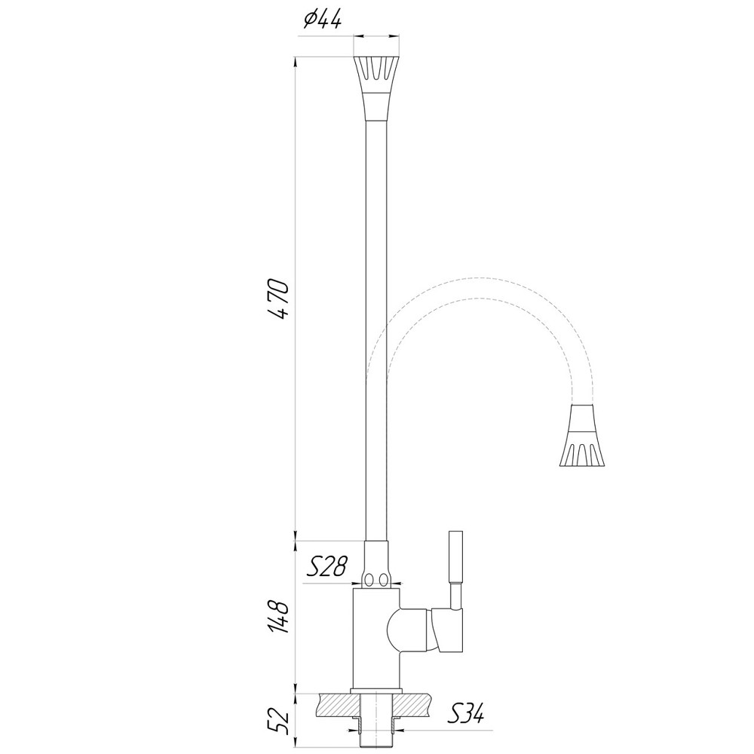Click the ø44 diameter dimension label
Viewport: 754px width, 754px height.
322,21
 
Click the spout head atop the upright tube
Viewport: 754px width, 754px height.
376,87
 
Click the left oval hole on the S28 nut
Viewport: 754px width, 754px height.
369,579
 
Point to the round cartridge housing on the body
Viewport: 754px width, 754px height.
407,630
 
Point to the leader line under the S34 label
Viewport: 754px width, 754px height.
452,730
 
